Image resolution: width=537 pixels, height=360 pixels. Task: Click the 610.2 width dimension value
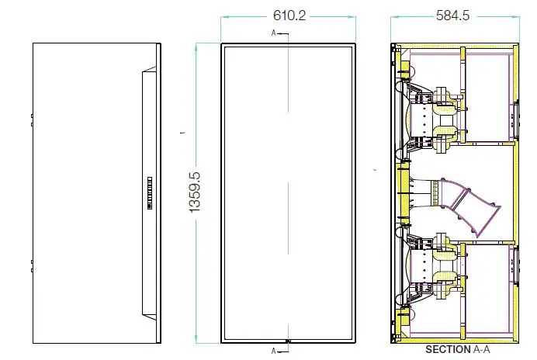point(289,16)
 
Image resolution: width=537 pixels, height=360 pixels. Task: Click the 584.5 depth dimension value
point(452,16)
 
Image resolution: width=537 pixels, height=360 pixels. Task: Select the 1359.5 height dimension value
point(195,192)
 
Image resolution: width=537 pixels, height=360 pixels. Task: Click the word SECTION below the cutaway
point(448,350)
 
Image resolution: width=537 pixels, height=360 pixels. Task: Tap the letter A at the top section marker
point(273,33)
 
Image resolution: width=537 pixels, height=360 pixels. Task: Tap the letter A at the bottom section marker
point(273,351)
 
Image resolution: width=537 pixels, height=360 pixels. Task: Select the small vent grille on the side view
point(150,193)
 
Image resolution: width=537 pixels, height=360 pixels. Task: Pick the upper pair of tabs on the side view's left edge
point(32,120)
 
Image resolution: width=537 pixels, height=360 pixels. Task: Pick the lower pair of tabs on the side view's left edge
point(32,266)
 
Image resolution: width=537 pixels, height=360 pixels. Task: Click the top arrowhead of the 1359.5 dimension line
point(196,48)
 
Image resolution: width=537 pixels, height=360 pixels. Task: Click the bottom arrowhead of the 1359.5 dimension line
point(196,338)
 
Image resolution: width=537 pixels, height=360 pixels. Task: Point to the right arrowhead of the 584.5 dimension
point(514,16)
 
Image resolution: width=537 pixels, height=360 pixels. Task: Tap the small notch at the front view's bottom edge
point(288,341)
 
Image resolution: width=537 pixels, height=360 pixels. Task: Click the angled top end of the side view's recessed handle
point(149,69)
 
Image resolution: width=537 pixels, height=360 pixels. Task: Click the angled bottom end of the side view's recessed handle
point(149,317)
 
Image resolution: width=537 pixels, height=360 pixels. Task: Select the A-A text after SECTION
point(481,350)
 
